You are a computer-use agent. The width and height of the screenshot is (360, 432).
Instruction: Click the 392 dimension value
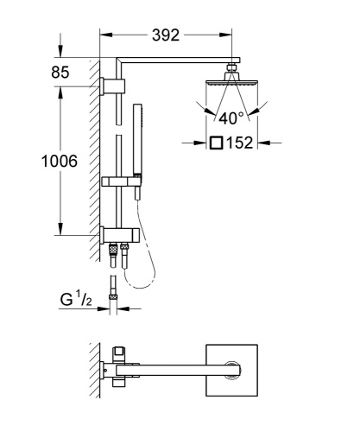(166, 35)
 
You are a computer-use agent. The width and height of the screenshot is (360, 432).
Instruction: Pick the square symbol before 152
(215, 143)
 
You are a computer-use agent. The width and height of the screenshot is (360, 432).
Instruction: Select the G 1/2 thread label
(75, 300)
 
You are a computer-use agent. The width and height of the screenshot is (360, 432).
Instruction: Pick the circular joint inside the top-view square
(231, 372)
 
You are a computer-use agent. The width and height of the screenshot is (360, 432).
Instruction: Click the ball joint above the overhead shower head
(231, 69)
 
